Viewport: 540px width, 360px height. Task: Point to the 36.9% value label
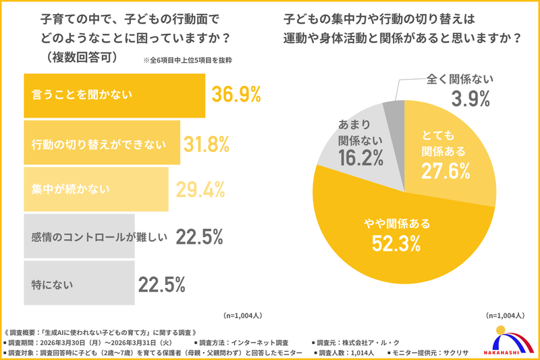point(236,95)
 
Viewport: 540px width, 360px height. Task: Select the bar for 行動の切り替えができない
point(101,143)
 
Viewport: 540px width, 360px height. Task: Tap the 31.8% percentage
point(207,143)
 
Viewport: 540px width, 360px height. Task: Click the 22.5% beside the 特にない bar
point(161,284)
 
